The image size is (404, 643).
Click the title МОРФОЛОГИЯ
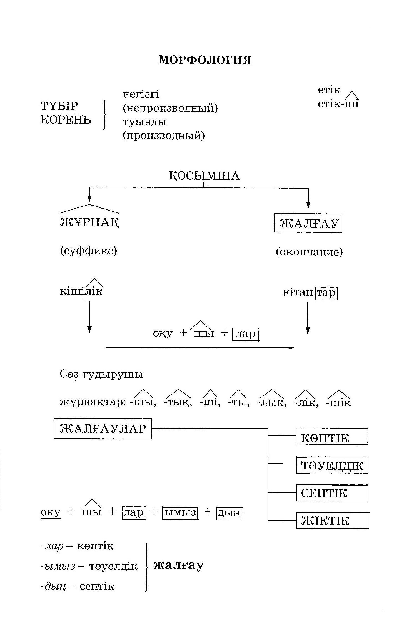coord(205,60)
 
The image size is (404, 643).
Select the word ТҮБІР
coord(59,106)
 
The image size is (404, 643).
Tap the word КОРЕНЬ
coord(66,120)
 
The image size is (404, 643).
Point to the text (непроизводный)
coord(170,108)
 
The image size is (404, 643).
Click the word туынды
coord(144,122)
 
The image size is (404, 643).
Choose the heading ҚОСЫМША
coord(205,176)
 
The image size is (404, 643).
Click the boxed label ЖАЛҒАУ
coord(308,223)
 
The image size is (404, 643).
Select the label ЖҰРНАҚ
coord(89,222)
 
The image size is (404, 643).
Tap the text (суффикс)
coord(88,251)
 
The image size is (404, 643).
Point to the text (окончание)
coord(309,252)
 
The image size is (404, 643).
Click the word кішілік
coord(81,291)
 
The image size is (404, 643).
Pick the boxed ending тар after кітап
coord(326,293)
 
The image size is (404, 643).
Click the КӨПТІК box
coord(332,438)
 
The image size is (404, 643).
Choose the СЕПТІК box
coord(332,493)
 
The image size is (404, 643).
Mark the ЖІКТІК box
coord(332,521)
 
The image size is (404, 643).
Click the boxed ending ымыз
coord(180,512)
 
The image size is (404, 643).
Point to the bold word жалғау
coord(179,565)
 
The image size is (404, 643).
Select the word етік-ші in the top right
coord(338,104)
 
